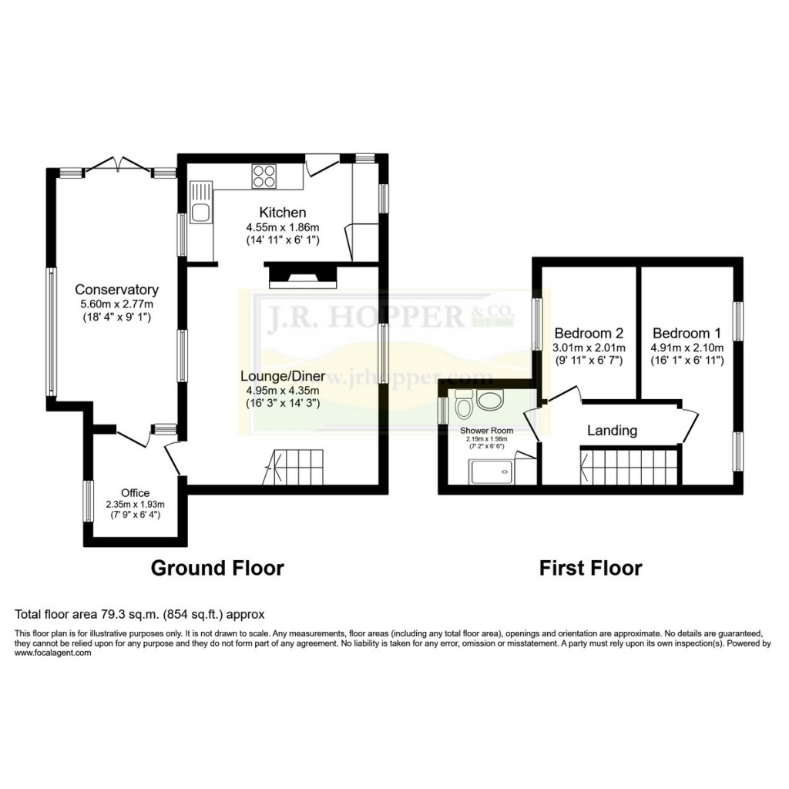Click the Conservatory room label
[116, 290]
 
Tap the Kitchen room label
[282, 213]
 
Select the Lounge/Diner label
[281, 377]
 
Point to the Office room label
[135, 493]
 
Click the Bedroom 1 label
[687, 334]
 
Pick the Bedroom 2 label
[589, 334]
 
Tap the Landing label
[612, 431]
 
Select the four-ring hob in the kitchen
[264, 176]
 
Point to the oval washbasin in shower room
[489, 399]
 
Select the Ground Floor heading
[217, 569]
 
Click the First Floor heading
[590, 569]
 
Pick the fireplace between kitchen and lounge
[302, 275]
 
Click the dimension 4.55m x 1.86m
[282, 227]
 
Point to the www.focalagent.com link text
[53, 653]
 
